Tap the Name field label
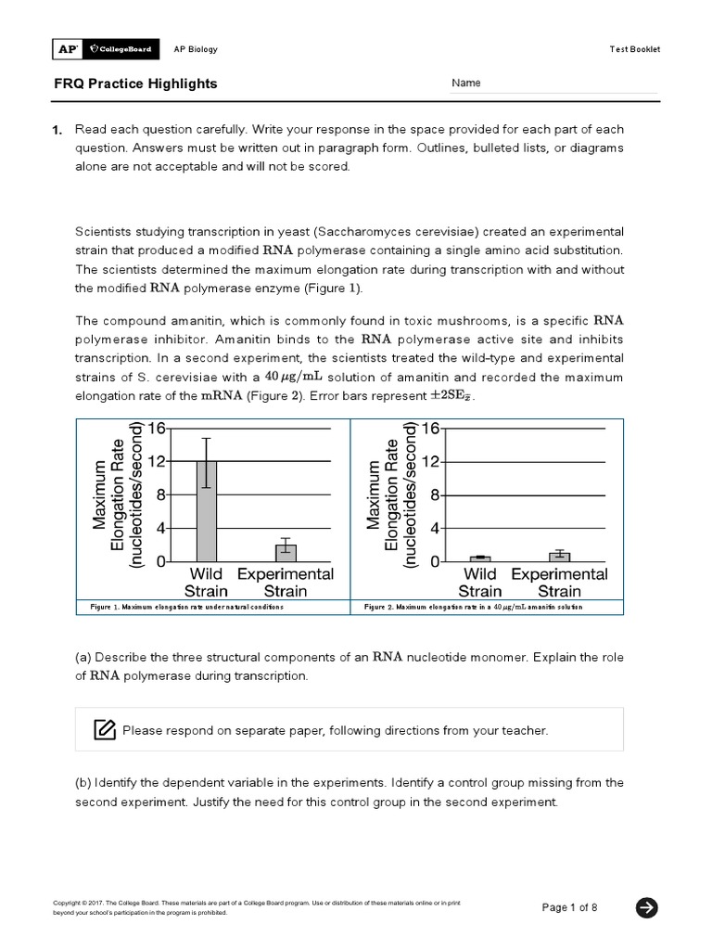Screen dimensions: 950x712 [466, 83]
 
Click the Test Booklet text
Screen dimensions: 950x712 [635, 49]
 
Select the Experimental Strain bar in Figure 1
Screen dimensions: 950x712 [286, 552]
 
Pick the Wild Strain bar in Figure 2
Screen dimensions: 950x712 [480, 558]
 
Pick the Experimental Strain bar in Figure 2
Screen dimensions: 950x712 [559, 557]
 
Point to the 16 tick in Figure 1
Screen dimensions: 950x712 [155, 428]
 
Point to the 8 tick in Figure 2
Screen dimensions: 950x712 [429, 495]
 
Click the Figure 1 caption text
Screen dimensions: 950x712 [186, 606]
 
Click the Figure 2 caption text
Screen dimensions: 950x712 [474, 606]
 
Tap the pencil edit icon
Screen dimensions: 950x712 [105, 729]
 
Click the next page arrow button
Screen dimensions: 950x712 [646, 907]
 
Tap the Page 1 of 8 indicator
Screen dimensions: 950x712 [570, 907]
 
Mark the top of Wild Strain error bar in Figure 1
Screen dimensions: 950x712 [207, 438]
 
